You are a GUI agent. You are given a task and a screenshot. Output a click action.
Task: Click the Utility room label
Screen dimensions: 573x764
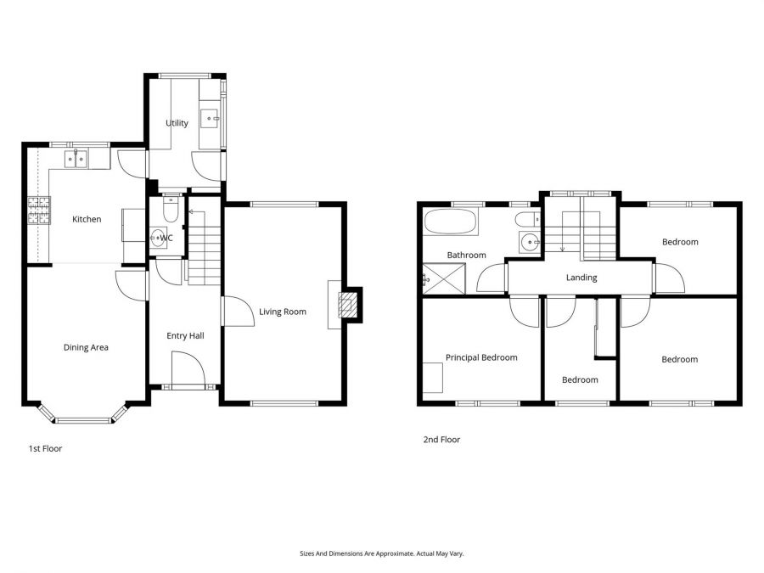(177, 123)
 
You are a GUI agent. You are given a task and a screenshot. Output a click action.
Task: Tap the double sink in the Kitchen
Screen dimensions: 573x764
(76, 158)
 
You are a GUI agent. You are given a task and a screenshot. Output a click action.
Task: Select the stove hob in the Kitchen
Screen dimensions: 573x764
(39, 210)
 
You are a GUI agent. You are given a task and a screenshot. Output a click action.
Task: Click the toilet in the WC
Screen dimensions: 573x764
(169, 210)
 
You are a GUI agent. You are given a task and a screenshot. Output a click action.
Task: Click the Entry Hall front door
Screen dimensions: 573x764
(188, 371)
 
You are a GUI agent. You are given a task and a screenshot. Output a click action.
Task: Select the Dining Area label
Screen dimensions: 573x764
(86, 347)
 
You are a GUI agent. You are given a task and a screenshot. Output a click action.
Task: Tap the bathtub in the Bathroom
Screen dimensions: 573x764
(451, 224)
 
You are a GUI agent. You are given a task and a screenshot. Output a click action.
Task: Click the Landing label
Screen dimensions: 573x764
(581, 278)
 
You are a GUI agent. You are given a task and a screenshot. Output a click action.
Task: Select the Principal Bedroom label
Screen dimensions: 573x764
(481, 357)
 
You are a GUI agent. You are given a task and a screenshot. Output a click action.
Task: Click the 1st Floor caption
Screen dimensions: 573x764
(45, 448)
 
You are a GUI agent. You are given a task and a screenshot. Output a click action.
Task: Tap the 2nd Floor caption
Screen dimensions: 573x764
(441, 440)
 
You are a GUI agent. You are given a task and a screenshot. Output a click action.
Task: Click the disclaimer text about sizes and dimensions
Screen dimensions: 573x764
(382, 553)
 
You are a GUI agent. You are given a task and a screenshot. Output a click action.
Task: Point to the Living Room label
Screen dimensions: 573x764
(283, 312)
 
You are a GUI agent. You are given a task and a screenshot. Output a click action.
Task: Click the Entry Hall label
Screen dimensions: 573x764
(185, 336)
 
